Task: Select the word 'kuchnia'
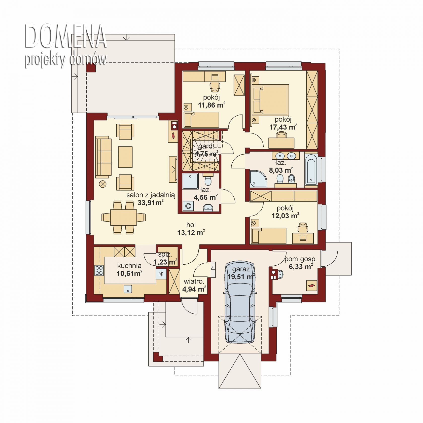click(129, 266)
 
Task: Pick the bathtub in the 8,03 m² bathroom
click(311, 169)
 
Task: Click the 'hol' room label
click(191, 225)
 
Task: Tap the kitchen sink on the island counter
click(128, 289)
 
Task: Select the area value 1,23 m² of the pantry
click(165, 262)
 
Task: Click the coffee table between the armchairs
click(125, 157)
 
